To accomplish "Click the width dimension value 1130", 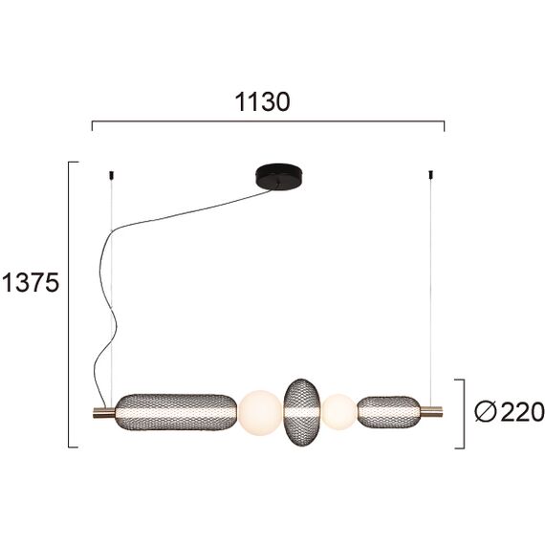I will [x=262, y=101].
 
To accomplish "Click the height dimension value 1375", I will [x=31, y=282].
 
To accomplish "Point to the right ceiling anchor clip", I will [x=431, y=176].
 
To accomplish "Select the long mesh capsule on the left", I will [x=175, y=412].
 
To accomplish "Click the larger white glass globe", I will [x=259, y=413].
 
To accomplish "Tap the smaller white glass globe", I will [x=338, y=412].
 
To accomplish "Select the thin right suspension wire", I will [x=431, y=287].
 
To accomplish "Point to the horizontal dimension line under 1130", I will [x=268, y=122].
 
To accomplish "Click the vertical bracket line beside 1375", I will [x=70, y=306].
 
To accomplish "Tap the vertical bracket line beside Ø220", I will [x=464, y=413].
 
